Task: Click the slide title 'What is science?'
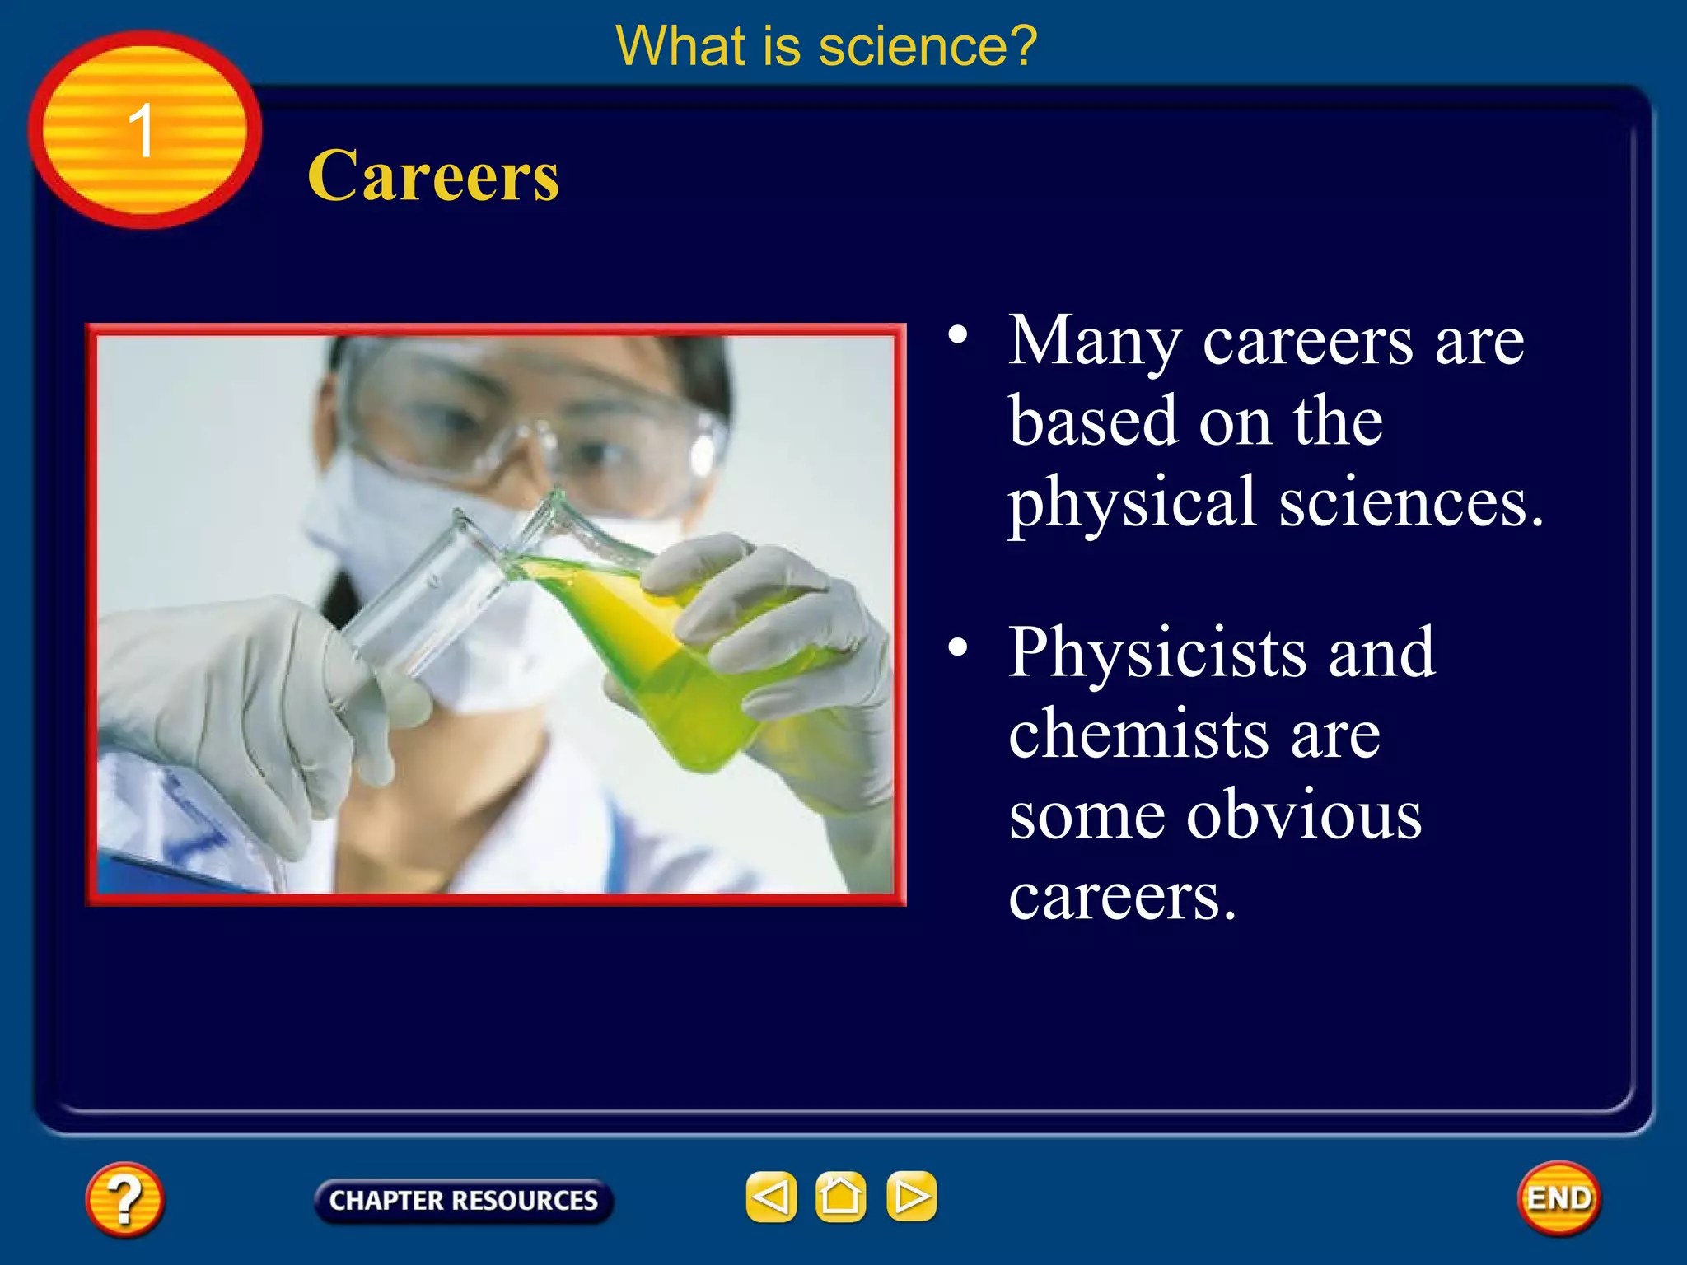click(826, 46)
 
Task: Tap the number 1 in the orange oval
click(142, 131)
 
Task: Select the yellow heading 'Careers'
click(433, 176)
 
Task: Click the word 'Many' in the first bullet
click(1095, 342)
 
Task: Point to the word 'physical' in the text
click(1132, 504)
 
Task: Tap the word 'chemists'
click(1138, 733)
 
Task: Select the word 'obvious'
click(1303, 815)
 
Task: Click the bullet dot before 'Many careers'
click(957, 335)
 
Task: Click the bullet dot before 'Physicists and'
click(957, 647)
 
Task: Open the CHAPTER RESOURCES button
click(463, 1200)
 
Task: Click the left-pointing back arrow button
click(771, 1197)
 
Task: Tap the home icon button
click(840, 1197)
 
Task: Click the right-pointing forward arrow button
click(911, 1197)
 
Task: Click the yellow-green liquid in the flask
click(659, 651)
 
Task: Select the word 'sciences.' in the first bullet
click(1410, 504)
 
